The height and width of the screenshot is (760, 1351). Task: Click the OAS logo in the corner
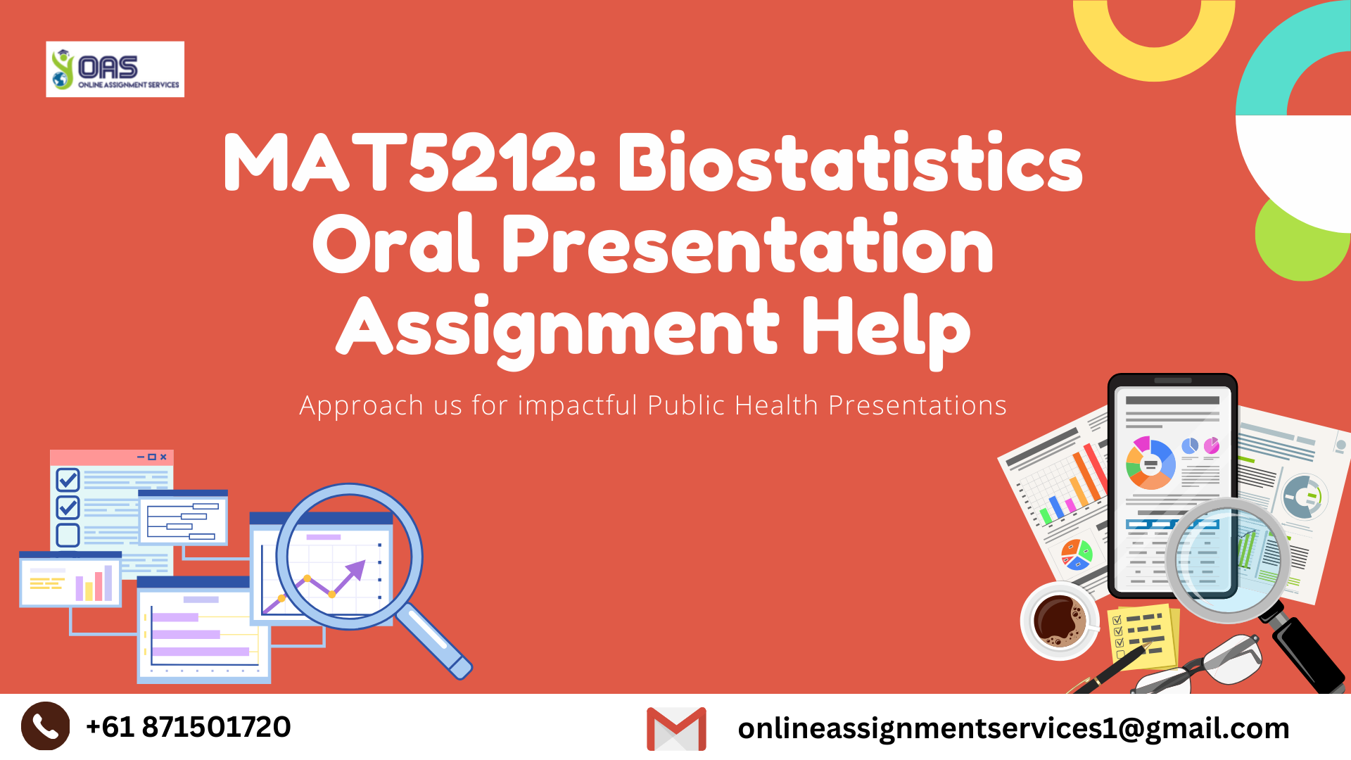point(115,69)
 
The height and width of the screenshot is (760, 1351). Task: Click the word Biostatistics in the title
point(849,163)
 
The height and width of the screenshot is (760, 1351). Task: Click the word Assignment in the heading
point(558,327)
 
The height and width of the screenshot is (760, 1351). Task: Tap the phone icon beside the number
point(46,726)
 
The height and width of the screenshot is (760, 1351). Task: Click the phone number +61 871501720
point(188,727)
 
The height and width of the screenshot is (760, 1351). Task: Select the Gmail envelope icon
point(676,728)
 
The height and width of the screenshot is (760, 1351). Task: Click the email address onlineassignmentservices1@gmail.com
point(1013,728)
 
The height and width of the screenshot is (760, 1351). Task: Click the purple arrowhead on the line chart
point(357,569)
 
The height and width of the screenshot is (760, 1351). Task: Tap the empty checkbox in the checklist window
point(68,535)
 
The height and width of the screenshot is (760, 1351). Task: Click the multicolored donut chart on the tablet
point(1150,464)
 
